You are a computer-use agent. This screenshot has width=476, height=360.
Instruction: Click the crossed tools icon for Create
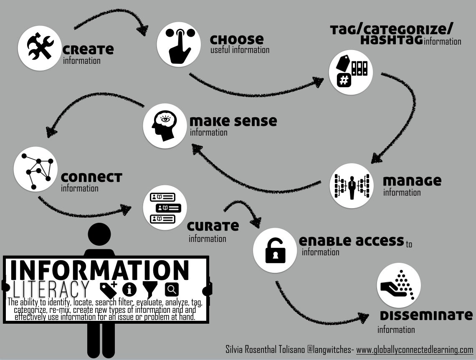(x=41, y=47)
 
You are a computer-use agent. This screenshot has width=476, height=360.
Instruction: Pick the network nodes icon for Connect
(x=36, y=169)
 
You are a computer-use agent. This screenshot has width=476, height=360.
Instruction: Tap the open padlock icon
(x=275, y=250)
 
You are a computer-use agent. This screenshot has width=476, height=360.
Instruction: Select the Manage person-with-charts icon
(x=352, y=185)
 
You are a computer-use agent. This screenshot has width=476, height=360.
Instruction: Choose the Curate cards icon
(x=165, y=207)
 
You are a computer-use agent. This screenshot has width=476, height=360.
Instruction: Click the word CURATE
(x=213, y=226)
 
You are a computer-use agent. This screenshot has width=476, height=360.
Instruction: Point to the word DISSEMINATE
(x=426, y=315)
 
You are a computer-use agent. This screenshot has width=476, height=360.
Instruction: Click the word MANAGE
(x=412, y=181)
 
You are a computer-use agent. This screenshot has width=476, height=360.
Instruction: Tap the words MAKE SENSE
(x=233, y=121)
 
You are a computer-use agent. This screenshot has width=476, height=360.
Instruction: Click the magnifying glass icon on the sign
(x=172, y=289)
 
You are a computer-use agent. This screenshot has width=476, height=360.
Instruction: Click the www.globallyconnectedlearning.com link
(x=414, y=350)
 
